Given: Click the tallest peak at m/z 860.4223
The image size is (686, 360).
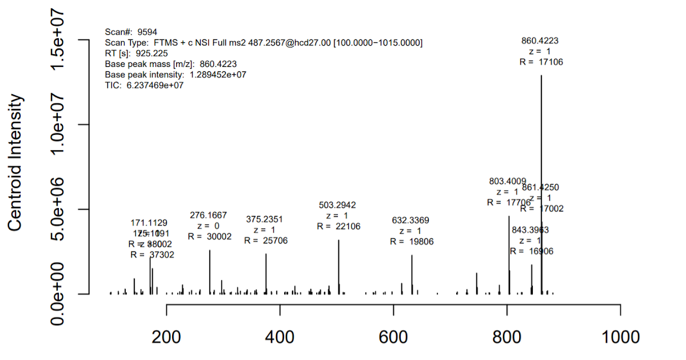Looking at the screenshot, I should point(541,183).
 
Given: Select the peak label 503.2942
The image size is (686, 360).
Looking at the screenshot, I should point(337,205).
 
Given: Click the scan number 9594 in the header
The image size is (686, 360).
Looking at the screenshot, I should point(147,32).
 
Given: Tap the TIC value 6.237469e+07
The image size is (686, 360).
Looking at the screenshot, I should point(155,85).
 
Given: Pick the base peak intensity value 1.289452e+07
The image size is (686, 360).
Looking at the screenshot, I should point(216,74).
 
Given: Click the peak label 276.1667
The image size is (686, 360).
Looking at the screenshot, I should point(208,215).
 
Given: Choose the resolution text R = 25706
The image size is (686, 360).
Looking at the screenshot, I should point(266,241).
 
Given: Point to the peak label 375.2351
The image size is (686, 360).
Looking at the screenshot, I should point(265,219).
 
